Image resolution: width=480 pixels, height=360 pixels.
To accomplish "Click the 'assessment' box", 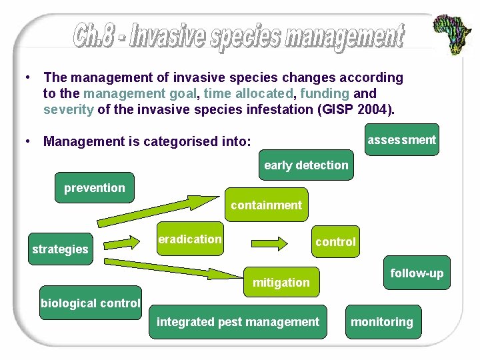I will pyautogui.click(x=401, y=140).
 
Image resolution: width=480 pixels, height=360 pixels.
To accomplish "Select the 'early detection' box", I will pyautogui.click(x=306, y=165).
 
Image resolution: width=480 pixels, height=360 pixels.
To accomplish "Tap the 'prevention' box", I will pyautogui.click(x=94, y=188).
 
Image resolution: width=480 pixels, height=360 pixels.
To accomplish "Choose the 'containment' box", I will pyautogui.click(x=266, y=205).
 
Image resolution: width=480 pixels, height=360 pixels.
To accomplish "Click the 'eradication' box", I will pyautogui.click(x=189, y=239).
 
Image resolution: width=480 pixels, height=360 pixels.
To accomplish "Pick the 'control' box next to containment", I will pyautogui.click(x=335, y=242).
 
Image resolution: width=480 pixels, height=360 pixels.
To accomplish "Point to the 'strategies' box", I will pyautogui.click(x=60, y=249).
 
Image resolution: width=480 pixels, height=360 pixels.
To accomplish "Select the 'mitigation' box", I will pyautogui.click(x=281, y=283).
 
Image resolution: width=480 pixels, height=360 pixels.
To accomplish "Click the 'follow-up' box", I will pyautogui.click(x=417, y=273).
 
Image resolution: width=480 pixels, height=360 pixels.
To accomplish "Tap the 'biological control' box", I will pyautogui.click(x=91, y=303).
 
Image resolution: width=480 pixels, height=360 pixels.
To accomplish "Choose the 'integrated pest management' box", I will pyautogui.click(x=238, y=322).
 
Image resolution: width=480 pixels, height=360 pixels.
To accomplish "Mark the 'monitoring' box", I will pyautogui.click(x=382, y=322).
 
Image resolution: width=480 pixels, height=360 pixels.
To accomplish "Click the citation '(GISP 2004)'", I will pyautogui.click(x=361, y=109).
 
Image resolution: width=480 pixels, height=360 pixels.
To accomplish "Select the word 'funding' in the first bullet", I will pyautogui.click(x=325, y=93).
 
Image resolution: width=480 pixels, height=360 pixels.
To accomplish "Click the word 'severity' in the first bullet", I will pyautogui.click(x=68, y=109).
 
